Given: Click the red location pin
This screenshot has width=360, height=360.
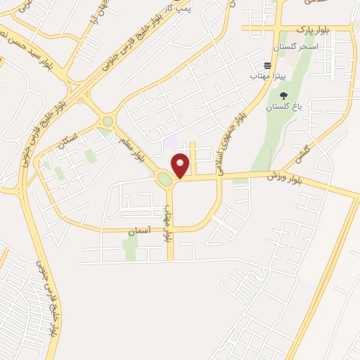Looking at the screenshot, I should [180, 165].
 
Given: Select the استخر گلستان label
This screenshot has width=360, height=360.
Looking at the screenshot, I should [296, 46].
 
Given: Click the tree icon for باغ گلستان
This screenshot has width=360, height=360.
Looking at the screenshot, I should [283, 96].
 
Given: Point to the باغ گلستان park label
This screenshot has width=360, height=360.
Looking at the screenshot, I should [283, 108].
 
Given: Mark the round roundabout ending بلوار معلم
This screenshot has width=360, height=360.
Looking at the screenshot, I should [107, 122].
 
